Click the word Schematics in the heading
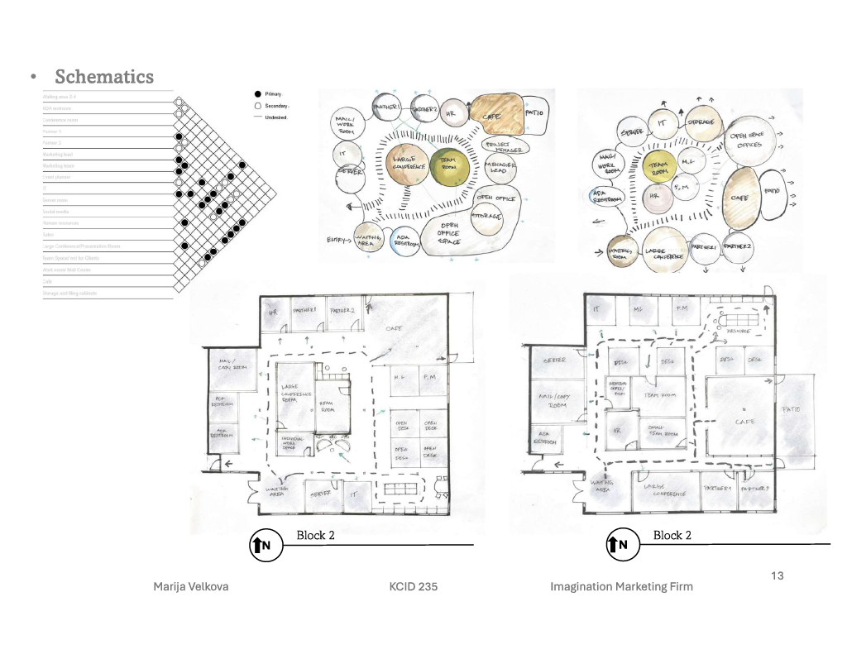[x=104, y=77]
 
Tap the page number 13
[x=777, y=575]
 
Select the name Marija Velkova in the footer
[x=191, y=587]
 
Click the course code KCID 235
[x=413, y=587]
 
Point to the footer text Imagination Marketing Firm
[x=621, y=587]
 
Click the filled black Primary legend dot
[x=258, y=95]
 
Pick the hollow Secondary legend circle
[x=258, y=106]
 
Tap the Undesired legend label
[x=276, y=117]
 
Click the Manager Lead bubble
[x=500, y=169]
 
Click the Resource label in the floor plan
[x=739, y=330]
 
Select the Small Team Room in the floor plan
[x=660, y=431]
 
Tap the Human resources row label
[x=63, y=223]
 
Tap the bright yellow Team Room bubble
[x=660, y=167]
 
